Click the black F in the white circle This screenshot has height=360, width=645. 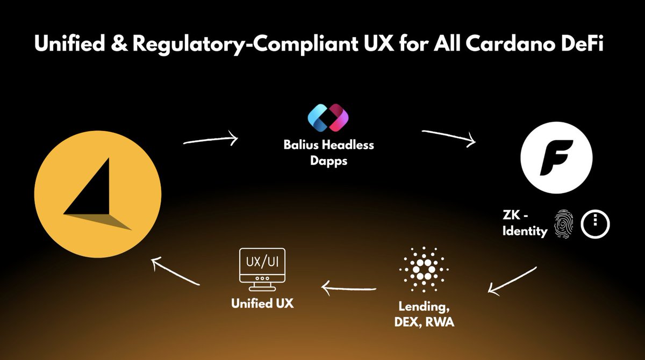point(556,159)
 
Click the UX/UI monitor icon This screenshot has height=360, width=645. point(262,267)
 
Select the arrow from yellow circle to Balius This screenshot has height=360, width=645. point(210,140)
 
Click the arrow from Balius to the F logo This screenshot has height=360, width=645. point(449,137)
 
